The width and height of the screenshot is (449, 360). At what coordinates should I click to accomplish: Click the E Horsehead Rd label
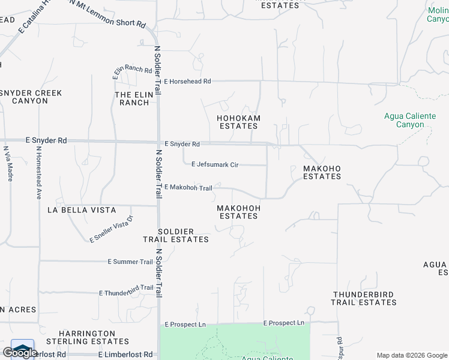[187, 81]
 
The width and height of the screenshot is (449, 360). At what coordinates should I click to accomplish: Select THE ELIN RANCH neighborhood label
[132, 98]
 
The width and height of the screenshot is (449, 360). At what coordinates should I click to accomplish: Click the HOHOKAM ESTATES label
[239, 122]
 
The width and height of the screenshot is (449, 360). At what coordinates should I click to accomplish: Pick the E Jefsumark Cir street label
[214, 164]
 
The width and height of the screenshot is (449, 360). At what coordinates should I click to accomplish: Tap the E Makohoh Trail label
[188, 188]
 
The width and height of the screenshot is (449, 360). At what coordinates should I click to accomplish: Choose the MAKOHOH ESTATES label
[238, 212]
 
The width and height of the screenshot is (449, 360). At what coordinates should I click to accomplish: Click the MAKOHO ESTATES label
[322, 173]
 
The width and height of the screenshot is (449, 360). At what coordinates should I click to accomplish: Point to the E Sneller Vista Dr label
[110, 229]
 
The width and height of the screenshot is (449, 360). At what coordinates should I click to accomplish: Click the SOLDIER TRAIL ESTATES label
[176, 235]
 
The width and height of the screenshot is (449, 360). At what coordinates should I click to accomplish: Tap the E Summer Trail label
[130, 262]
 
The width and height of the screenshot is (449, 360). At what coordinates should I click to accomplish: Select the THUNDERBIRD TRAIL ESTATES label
[364, 298]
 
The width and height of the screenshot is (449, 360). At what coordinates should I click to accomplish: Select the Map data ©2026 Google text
[412, 355]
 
